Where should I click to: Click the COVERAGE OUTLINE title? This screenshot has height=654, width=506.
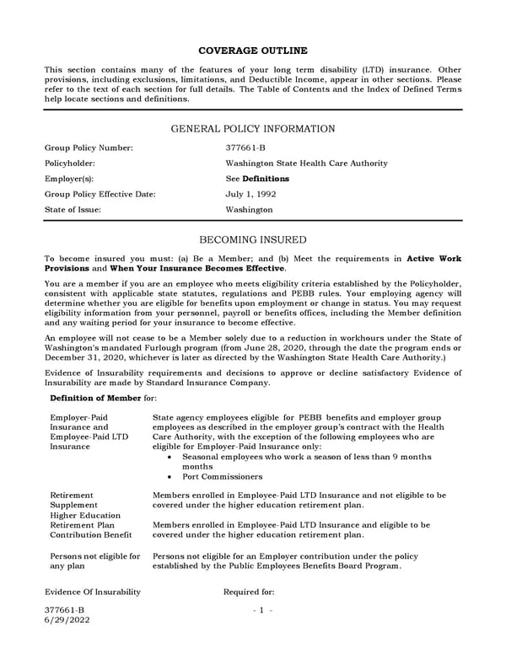coord(252,51)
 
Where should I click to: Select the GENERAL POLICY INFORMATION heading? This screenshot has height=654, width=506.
coord(253,129)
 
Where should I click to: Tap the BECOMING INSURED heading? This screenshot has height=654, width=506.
coord(253,240)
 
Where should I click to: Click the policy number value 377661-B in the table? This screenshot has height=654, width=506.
coord(245,148)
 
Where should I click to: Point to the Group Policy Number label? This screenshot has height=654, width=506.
coord(89,148)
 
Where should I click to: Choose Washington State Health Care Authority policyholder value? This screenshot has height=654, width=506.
coord(306,163)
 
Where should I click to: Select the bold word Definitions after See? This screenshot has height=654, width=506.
coord(266,179)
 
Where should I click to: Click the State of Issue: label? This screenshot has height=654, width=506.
coord(74,209)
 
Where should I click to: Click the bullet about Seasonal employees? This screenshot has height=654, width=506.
coord(306,457)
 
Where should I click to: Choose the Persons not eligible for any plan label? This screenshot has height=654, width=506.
coord(95,561)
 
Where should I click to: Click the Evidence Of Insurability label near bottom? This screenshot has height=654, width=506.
coord(92,592)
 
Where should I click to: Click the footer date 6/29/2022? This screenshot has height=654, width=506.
coord(67,619)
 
